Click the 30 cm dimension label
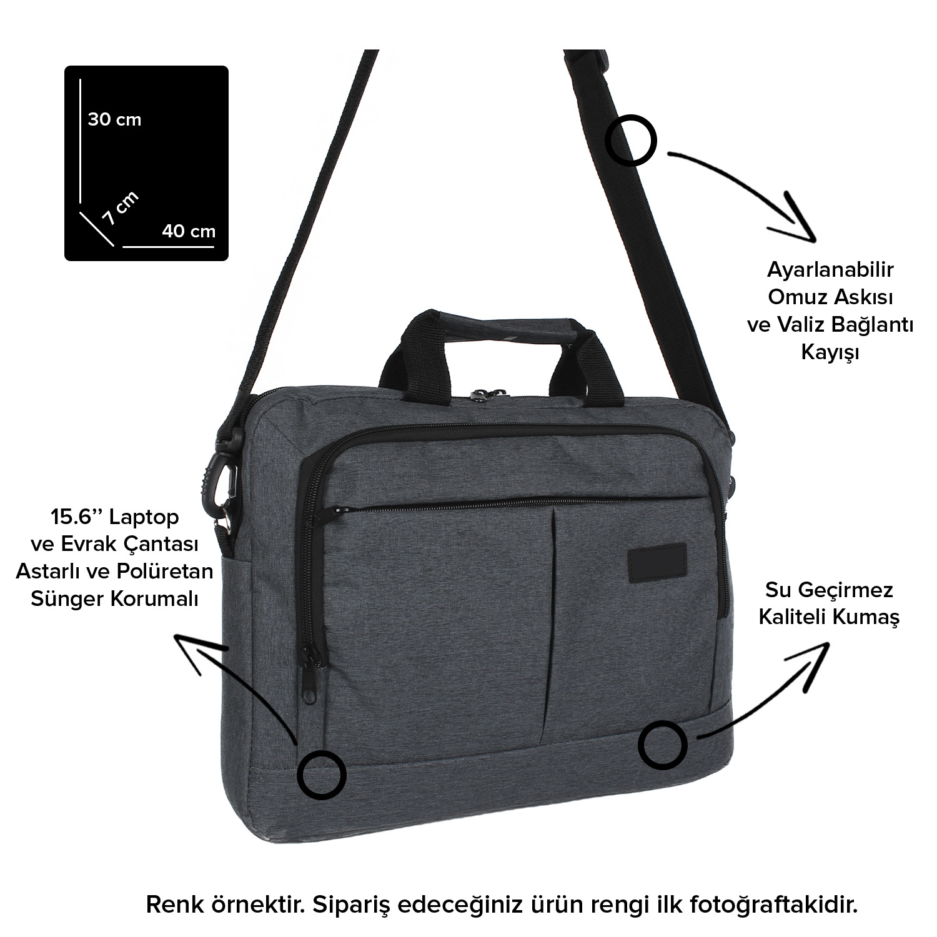(114, 119)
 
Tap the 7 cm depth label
(121, 208)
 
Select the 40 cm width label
(189, 231)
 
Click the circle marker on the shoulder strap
(632, 140)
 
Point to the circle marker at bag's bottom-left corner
(321, 775)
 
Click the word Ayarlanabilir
(831, 270)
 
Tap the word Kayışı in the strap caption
(831, 353)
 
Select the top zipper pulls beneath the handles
(483, 395)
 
